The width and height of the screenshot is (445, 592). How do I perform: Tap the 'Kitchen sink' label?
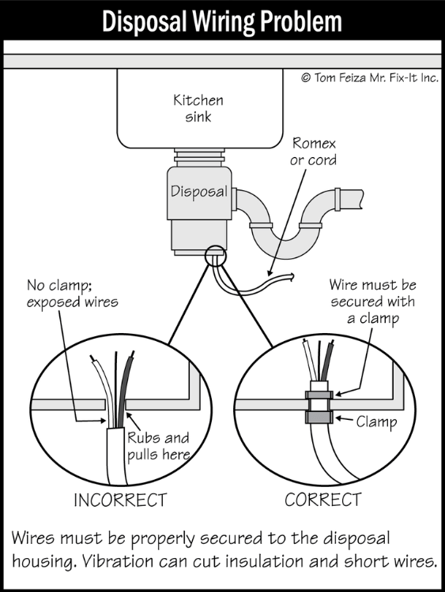click(198, 108)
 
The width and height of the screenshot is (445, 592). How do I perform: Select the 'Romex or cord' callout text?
click(314, 152)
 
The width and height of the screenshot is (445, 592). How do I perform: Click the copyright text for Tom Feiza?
click(370, 78)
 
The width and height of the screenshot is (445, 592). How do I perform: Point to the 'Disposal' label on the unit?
click(199, 192)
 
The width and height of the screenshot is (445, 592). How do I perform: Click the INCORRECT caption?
click(120, 500)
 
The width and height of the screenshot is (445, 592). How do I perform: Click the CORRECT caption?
click(322, 500)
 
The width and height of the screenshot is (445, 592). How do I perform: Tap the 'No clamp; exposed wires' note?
click(72, 294)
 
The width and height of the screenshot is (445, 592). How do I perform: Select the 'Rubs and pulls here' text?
click(158, 446)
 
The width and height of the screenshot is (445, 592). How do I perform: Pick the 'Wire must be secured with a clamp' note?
click(373, 302)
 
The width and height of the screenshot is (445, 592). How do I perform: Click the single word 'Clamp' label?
click(376, 422)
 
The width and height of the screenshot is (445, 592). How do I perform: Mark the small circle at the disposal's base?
click(216, 257)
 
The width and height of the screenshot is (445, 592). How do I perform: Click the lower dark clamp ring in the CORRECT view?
click(319, 418)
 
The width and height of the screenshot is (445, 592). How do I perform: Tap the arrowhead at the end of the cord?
click(292, 277)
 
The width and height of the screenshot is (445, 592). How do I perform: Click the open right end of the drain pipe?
click(361, 199)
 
